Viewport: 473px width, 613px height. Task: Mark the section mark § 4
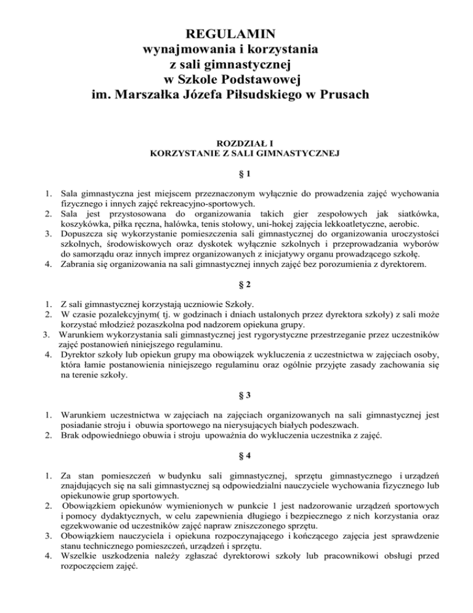[x=236, y=458]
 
